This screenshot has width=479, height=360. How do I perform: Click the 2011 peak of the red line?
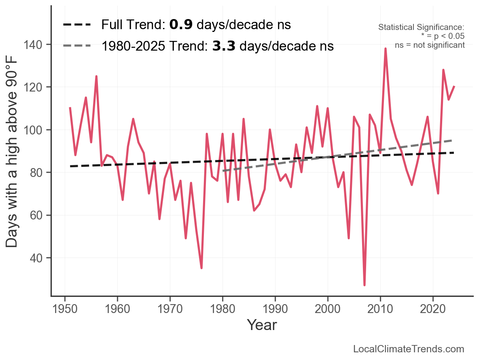386,49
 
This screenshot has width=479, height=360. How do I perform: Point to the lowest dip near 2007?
365,285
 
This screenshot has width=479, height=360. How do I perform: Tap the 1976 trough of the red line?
201,268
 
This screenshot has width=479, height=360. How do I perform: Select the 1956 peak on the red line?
96,76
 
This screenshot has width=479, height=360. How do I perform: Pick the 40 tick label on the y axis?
38,258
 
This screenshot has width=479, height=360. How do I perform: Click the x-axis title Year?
262,325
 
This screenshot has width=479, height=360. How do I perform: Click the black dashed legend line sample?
77,25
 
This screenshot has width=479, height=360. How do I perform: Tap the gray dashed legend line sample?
77,46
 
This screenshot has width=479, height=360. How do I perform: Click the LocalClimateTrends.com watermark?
409,349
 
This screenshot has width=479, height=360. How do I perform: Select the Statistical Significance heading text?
421,28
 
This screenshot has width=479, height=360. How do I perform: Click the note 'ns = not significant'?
430,45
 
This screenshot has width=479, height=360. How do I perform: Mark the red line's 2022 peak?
443,70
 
